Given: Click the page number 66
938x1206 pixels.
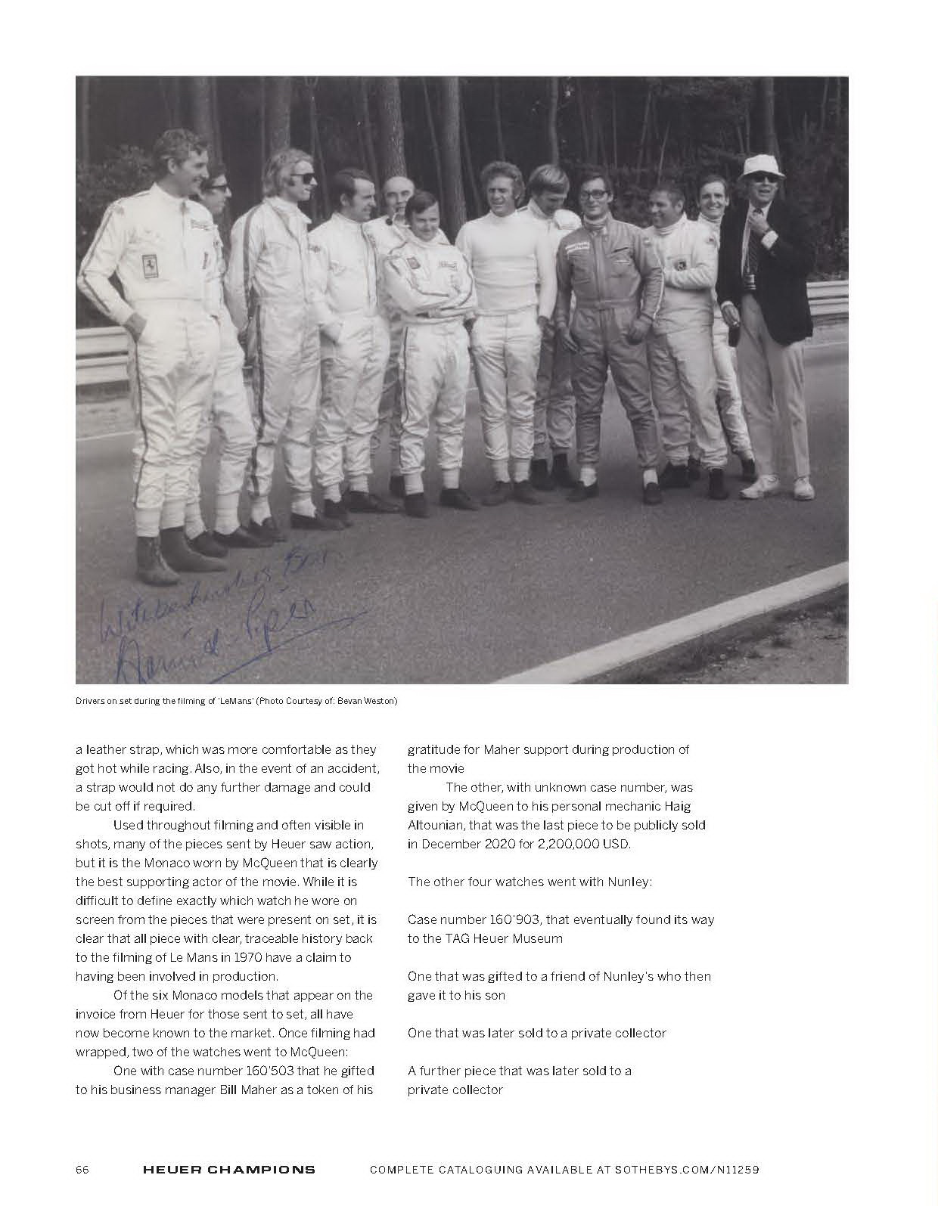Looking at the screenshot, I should (x=82, y=1169).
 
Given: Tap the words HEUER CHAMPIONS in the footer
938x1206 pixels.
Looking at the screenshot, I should (x=228, y=1169).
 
